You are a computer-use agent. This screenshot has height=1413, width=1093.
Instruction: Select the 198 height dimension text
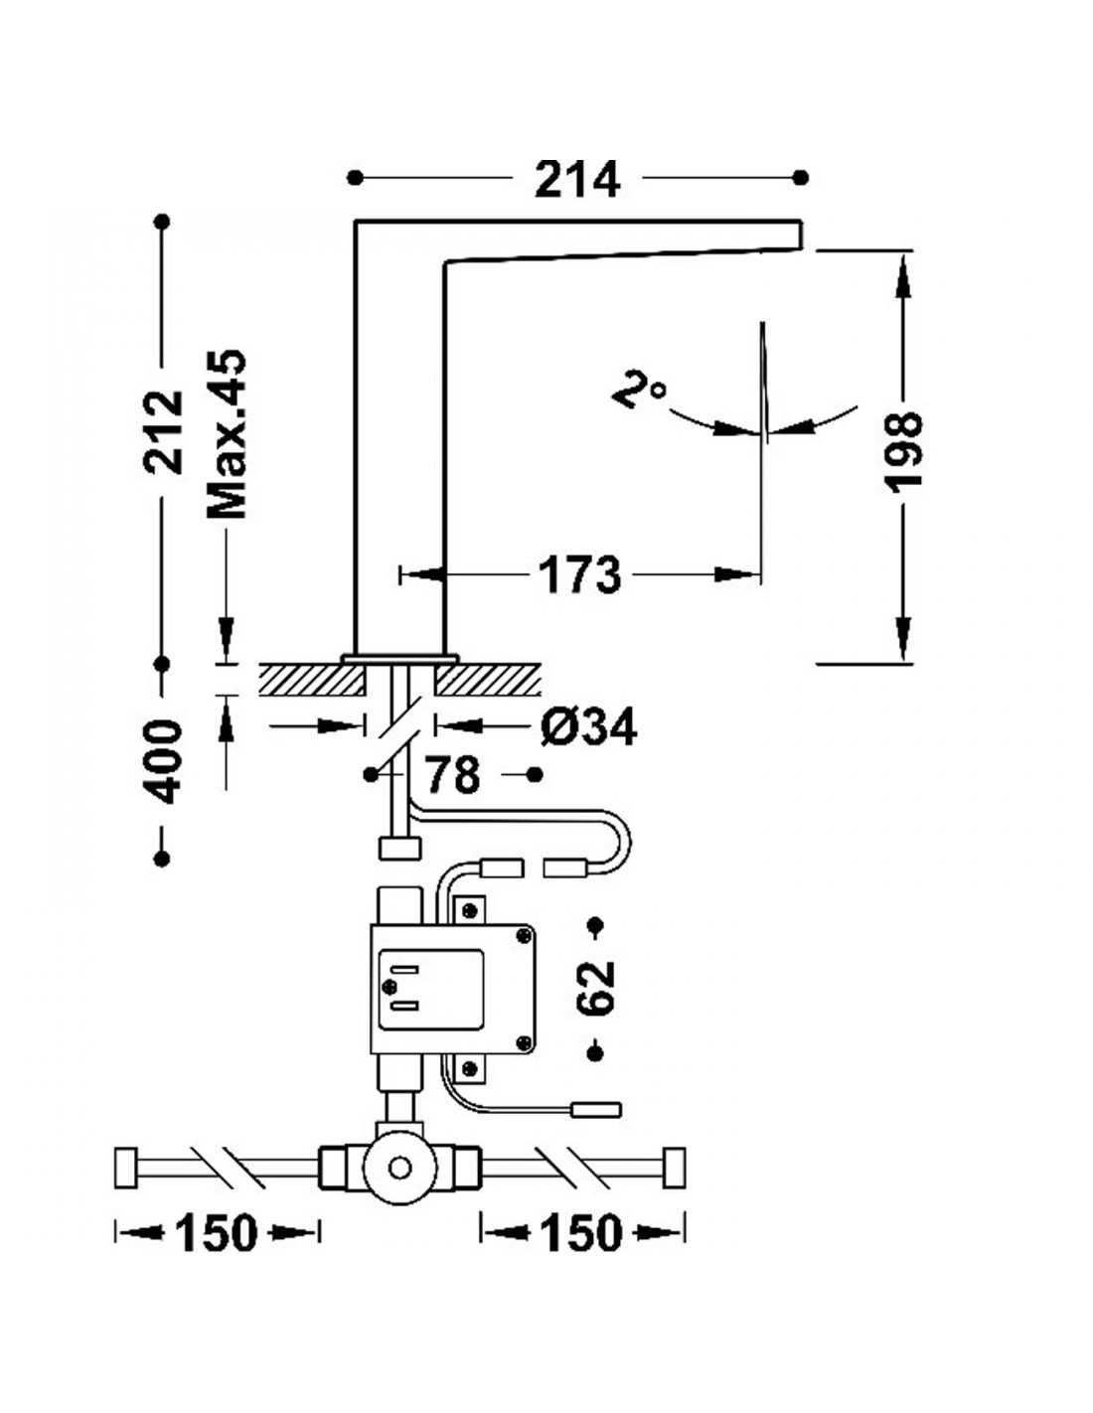coord(904,449)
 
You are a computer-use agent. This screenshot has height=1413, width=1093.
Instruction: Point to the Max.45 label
coord(227,434)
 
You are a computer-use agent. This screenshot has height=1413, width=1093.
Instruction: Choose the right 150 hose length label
coord(581,1232)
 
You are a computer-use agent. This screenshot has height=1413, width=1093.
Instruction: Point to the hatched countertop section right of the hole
coord(488,679)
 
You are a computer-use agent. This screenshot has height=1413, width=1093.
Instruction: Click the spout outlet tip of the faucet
coord(801,235)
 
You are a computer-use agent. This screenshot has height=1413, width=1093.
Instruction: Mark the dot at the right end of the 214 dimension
coord(801,177)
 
